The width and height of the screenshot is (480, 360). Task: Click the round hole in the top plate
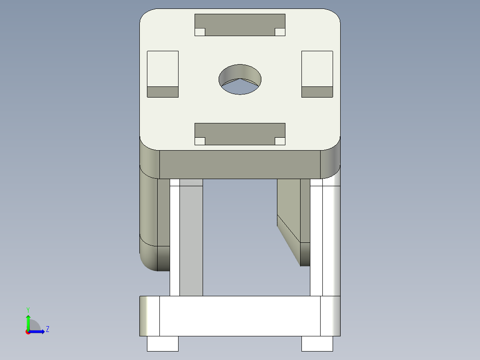[x=240, y=79]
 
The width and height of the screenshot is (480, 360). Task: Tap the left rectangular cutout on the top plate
[x=163, y=69]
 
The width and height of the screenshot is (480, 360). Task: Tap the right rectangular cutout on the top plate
[x=317, y=69]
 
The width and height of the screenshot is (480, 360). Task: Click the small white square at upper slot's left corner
[x=200, y=32]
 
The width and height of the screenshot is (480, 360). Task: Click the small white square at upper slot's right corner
[x=280, y=32]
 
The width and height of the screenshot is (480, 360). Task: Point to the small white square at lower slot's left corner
[x=200, y=141]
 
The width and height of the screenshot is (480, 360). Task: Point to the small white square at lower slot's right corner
[x=280, y=141]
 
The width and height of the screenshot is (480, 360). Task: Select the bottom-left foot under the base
[x=163, y=344]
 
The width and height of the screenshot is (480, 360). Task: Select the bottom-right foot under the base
[x=317, y=344]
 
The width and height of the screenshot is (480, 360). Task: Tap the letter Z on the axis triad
[x=47, y=329]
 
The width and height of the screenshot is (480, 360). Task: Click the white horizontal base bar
[x=240, y=316]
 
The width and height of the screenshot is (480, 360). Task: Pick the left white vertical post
[x=175, y=241]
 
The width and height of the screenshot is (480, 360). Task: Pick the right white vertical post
[x=316, y=241]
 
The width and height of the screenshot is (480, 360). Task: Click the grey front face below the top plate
[x=240, y=164]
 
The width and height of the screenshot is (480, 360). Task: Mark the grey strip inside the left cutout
[x=163, y=92]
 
